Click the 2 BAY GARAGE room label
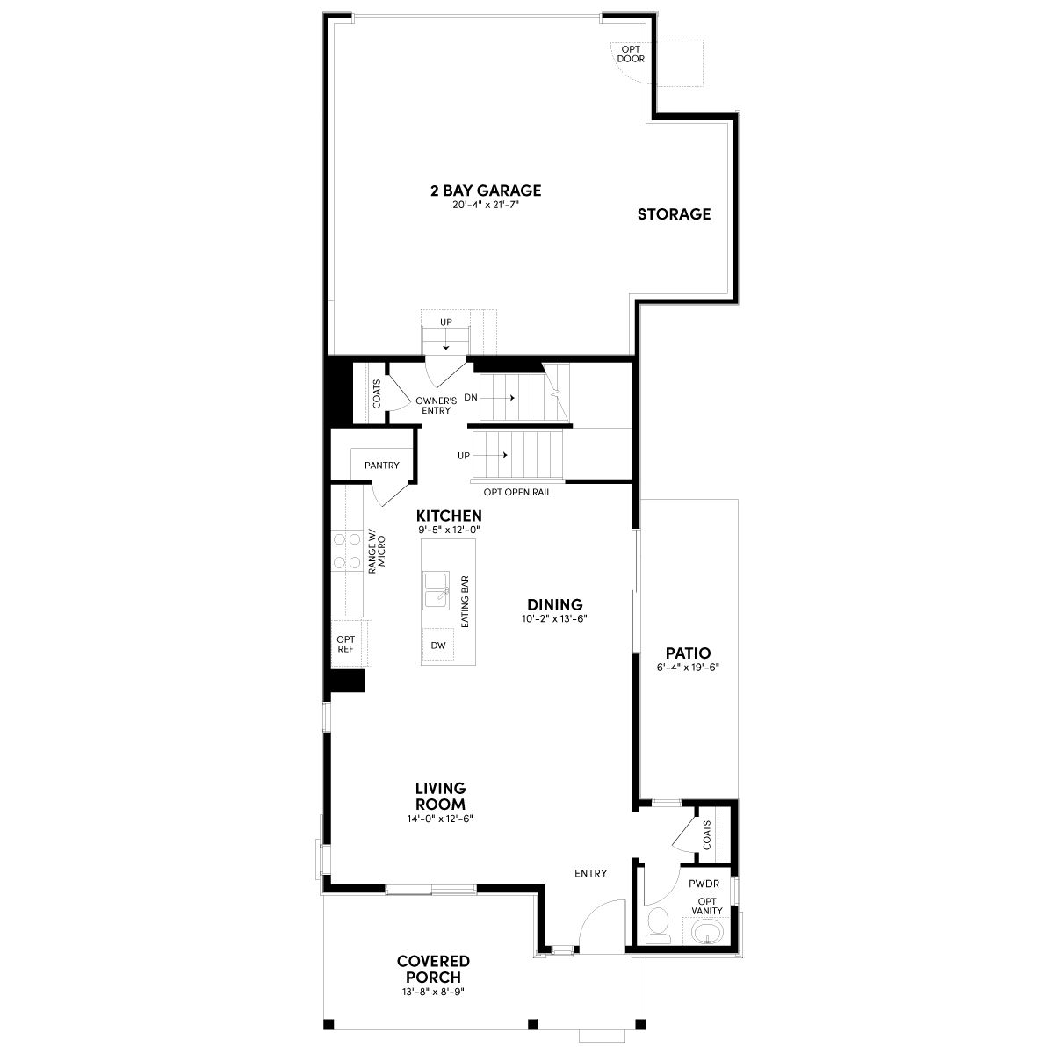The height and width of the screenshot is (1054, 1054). (486, 191)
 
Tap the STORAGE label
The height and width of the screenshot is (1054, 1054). (674, 213)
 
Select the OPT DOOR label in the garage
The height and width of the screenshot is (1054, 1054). (631, 54)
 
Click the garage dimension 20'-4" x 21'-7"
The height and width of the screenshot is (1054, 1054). (486, 206)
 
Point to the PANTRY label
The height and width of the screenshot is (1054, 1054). (382, 465)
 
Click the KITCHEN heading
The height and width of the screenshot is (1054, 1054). (449, 516)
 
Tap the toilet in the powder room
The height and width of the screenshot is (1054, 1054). (658, 925)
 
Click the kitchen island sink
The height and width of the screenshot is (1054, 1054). (436, 591)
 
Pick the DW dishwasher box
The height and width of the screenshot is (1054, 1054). (437, 646)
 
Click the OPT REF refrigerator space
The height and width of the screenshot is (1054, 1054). (346, 643)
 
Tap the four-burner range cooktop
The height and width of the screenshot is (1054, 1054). (347, 551)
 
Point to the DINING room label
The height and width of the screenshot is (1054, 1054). (554, 604)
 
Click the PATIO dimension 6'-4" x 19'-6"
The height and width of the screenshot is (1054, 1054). (688, 668)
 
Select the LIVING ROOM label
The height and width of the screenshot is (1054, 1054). (440, 796)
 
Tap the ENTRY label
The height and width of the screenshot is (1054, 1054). (591, 873)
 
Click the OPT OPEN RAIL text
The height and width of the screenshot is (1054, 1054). (517, 492)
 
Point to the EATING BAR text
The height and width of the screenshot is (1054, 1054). (465, 602)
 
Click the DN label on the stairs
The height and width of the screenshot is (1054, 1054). (471, 398)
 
